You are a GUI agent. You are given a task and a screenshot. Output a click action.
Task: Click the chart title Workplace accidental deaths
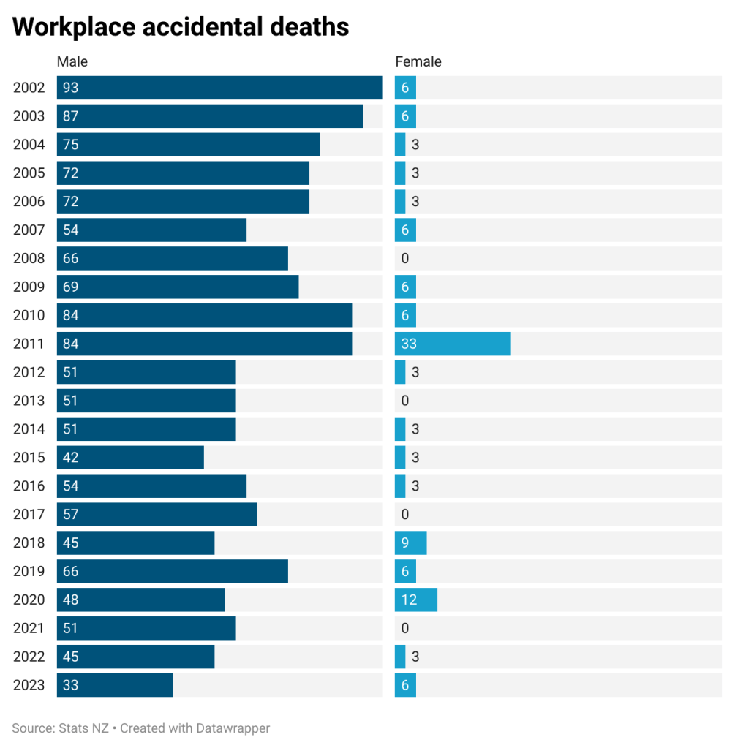pyautogui.click(x=181, y=27)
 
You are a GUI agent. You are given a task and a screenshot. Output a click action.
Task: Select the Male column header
pyautogui.click(x=72, y=62)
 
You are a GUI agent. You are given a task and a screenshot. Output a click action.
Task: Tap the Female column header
pyautogui.click(x=418, y=62)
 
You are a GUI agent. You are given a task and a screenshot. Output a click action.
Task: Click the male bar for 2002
pyautogui.click(x=219, y=88)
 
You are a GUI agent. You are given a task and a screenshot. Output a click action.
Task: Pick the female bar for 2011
pyautogui.click(x=453, y=344)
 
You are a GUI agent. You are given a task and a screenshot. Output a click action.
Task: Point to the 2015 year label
pyautogui.click(x=29, y=458)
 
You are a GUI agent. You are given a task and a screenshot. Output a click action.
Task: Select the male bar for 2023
pyautogui.click(x=115, y=685)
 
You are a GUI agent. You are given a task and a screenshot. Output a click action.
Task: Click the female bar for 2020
pyautogui.click(x=416, y=600)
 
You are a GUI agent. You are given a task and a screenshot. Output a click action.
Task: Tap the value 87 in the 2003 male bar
pyautogui.click(x=71, y=116)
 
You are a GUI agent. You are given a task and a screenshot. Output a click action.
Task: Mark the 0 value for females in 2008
pyautogui.click(x=405, y=258)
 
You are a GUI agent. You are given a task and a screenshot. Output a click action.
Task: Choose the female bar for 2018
pyautogui.click(x=411, y=543)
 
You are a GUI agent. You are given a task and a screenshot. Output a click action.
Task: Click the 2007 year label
pyautogui.click(x=29, y=230)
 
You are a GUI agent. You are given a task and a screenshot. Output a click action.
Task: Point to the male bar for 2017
pyautogui.click(x=157, y=514)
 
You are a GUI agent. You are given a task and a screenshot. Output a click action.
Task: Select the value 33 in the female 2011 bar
pyautogui.click(x=409, y=344)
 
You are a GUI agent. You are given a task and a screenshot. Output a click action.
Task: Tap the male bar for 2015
pyautogui.click(x=130, y=458)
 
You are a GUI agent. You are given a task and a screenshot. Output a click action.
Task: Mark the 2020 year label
pyautogui.click(x=29, y=600)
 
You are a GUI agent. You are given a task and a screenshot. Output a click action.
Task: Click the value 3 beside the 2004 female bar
pyautogui.click(x=415, y=145)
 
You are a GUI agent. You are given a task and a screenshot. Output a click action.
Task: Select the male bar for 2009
pyautogui.click(x=178, y=287)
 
